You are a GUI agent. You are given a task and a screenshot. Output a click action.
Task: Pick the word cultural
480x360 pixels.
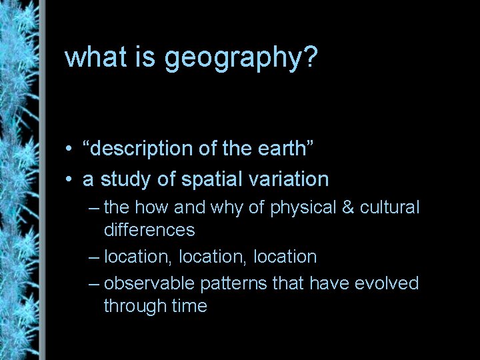pos(391,207)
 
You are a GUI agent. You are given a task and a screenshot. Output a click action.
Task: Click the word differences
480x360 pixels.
pos(149,230)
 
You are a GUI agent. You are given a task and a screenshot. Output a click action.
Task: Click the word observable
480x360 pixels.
pos(149,283)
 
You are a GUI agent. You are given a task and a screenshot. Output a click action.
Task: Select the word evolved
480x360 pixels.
pos(387,283)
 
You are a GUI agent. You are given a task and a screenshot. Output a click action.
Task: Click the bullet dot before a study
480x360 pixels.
pos(70,179)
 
